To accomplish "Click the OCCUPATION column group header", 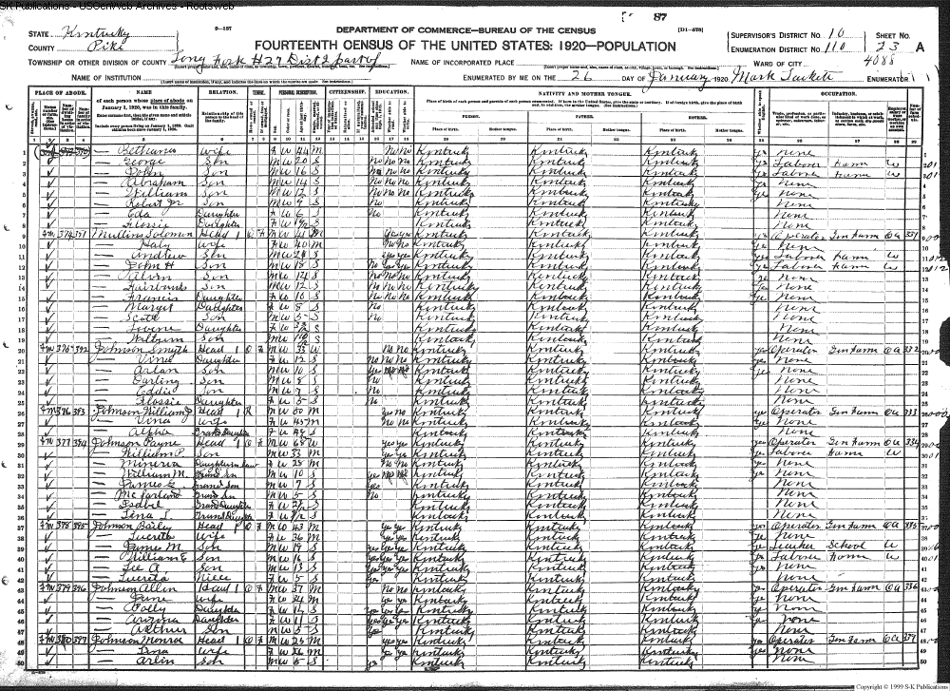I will point(835,95).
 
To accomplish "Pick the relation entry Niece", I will point(221,577).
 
